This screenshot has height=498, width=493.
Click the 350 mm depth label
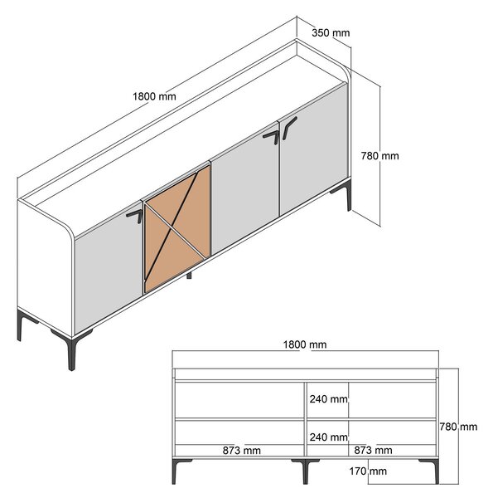[x=331, y=32]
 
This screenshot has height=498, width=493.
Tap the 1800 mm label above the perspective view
[x=154, y=96]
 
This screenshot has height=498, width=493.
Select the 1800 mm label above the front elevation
[x=305, y=344]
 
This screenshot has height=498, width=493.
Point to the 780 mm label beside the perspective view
[x=379, y=156]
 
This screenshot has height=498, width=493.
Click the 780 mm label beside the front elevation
[x=458, y=427]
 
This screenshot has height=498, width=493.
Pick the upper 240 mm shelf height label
[x=328, y=399]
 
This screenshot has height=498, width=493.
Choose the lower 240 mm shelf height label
[x=328, y=437]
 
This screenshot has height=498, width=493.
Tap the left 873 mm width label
[x=242, y=450]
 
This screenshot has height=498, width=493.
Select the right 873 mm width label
[x=373, y=450]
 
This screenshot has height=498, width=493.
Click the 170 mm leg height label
[x=368, y=471]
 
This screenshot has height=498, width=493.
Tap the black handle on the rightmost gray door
[x=289, y=127]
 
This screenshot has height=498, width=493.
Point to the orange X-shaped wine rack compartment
[x=177, y=229]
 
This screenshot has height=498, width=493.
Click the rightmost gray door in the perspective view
[x=313, y=149]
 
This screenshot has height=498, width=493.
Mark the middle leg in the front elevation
[x=305, y=470]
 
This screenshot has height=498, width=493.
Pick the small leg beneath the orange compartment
[x=189, y=275]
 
